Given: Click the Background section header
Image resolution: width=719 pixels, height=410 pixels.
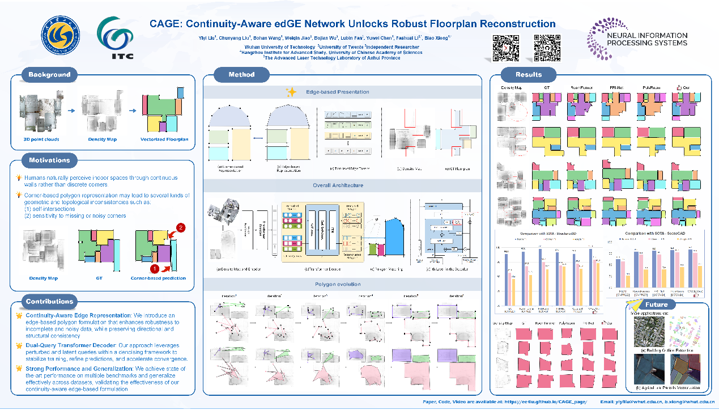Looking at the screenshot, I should click(49, 75).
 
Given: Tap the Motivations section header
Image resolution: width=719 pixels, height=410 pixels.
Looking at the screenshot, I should click(49, 160).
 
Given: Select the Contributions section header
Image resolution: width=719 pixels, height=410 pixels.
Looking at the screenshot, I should click(49, 301).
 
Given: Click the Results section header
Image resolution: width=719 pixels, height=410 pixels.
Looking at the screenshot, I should click(529, 74).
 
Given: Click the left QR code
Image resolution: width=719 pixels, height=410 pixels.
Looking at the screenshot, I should click(505, 48).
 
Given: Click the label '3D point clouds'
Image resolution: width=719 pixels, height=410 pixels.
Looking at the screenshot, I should click(41, 140).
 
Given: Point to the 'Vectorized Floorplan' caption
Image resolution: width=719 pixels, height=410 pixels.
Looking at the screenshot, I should click(164, 140).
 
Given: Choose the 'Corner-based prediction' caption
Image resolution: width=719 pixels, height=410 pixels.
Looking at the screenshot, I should click(158, 278).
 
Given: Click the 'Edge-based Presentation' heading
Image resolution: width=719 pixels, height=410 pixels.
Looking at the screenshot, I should click(338, 92).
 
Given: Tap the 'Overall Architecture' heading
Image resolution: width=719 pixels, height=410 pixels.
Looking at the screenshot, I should click(338, 185).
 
